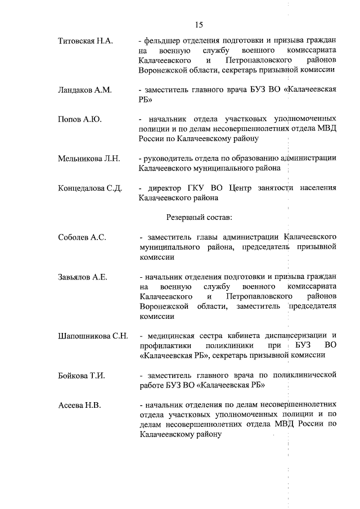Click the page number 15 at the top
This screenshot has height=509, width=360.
199,24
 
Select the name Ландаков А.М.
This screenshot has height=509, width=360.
85,90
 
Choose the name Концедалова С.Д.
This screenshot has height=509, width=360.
90,188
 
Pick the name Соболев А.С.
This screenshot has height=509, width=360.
82,237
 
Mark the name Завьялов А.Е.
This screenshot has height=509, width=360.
83,277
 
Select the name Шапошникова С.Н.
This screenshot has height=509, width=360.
93,335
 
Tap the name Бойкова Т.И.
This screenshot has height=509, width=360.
82,375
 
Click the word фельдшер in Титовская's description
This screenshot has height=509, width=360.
166,41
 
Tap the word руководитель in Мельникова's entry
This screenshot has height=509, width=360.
171,159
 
